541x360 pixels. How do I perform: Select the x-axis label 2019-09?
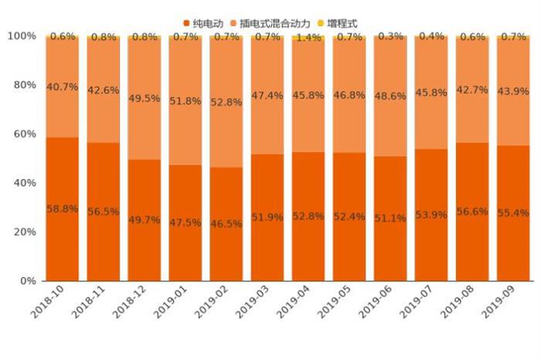pyautogui.click(x=503, y=304)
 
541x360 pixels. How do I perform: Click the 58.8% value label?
pyautogui.click(x=62, y=209)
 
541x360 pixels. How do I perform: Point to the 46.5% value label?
pyautogui.click(x=226, y=223)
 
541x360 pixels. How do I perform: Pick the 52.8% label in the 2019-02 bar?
pyautogui.click(x=226, y=101)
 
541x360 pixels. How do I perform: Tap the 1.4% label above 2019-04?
pyautogui.click(x=308, y=37)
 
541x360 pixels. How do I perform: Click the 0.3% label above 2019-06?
pyautogui.click(x=390, y=36)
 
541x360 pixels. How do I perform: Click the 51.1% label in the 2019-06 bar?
pyautogui.click(x=390, y=218)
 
